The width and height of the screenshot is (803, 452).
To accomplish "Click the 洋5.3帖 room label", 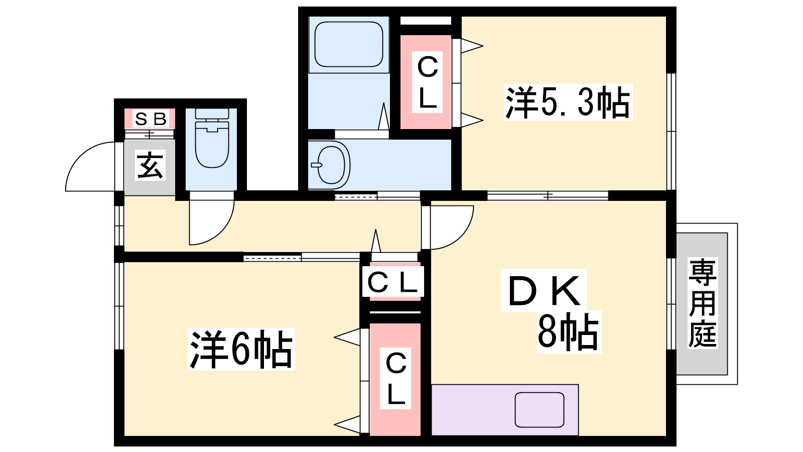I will pos(568,102).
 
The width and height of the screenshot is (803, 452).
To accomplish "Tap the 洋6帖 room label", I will pos(241,350).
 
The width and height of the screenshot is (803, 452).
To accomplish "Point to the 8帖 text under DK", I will pos(568,331).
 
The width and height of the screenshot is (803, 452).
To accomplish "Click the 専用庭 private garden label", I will pos(702,303).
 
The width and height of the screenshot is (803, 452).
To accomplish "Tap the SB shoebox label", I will pos(150,119).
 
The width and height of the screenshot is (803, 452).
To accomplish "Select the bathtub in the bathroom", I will pos(349,44).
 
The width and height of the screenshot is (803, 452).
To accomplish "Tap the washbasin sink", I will pos(330,165).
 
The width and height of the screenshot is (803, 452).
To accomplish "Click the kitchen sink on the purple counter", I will pos(540,409).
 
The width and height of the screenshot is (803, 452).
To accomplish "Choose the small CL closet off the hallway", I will pos(392,283).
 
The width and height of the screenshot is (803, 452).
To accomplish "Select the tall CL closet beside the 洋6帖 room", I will pos(395,379).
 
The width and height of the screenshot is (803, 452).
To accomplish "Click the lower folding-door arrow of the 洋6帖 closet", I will pos(347,425).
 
